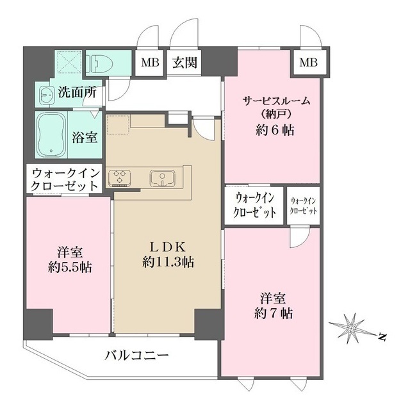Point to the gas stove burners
coord(120,177)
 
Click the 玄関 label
coord(184,63)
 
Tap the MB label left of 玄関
coord(151,63)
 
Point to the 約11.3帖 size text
coord(168,262)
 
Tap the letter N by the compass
coord(381,336)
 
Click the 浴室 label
coord(85,136)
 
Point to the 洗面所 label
coord(77,92)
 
